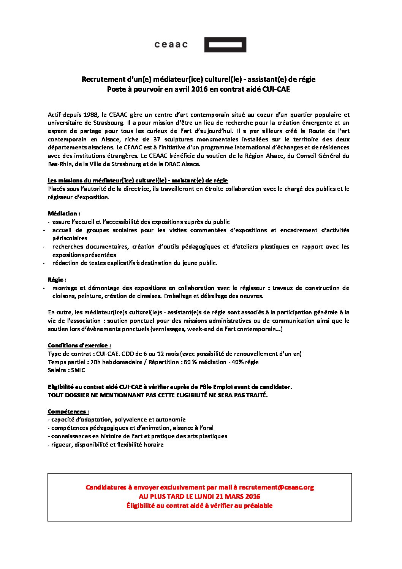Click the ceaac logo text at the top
coord(171,45)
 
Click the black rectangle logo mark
coord(225,45)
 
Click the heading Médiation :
coord(64,213)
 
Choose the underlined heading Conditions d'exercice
coord(79,346)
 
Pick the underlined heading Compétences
coord(68,411)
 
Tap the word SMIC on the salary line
coord(78,370)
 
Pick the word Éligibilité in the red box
coord(141,506)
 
